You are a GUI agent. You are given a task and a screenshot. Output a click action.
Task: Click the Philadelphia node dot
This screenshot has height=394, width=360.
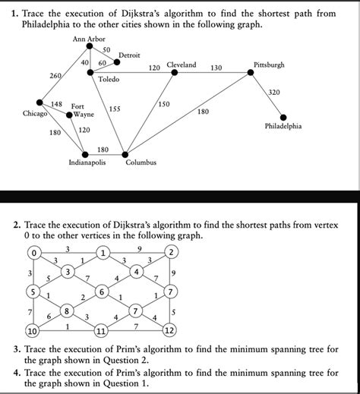(283, 118)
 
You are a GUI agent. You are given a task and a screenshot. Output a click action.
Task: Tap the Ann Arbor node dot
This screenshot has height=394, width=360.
(90, 46)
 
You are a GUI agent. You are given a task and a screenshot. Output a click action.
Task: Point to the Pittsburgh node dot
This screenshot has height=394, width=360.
(251, 73)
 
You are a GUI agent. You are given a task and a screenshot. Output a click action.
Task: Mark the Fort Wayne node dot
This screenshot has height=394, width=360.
(69, 115)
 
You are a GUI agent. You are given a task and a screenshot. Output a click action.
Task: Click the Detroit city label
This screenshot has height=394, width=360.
(129, 55)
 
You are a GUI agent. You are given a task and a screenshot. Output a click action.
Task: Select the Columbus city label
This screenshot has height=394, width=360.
(141, 162)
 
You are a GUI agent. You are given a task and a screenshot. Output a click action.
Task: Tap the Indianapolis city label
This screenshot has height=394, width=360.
(87, 162)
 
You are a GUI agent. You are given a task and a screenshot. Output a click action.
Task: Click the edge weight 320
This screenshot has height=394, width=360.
(274, 93)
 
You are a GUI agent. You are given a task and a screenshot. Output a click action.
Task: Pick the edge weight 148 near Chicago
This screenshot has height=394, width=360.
(56, 104)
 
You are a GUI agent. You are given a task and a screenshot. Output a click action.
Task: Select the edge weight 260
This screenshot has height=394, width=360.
(55, 75)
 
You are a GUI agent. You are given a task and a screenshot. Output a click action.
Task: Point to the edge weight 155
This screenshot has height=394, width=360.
(115, 109)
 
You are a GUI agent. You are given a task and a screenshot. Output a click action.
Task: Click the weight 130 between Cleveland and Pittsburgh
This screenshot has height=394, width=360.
(216, 68)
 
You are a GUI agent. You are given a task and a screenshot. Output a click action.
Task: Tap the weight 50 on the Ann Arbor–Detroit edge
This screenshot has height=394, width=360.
(106, 50)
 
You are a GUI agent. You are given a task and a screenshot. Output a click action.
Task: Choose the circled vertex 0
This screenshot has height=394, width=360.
(34, 253)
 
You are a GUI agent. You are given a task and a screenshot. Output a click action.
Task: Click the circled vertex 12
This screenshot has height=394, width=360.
(169, 330)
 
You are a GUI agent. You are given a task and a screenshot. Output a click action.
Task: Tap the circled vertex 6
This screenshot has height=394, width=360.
(102, 292)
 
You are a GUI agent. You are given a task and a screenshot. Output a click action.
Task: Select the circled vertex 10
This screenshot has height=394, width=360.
(33, 331)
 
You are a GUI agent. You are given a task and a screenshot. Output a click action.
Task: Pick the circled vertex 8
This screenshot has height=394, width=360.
(67, 310)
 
